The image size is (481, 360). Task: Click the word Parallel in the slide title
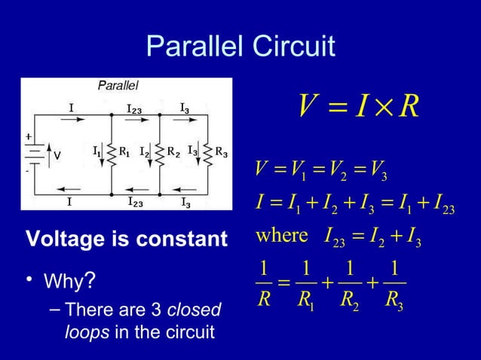(x=192, y=47)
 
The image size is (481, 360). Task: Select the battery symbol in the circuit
(x=34, y=155)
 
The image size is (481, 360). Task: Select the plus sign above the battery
(x=29, y=137)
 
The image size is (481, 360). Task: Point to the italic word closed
(x=197, y=310)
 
